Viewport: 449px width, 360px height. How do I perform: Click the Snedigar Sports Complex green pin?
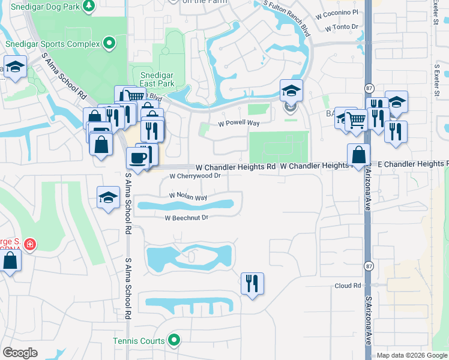(109, 43)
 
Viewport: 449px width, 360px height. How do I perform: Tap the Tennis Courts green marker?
(174, 341)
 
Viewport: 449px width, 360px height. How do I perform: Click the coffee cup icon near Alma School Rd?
(137, 158)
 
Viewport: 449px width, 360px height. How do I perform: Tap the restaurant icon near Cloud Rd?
(252, 283)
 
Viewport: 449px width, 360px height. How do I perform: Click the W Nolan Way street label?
(188, 196)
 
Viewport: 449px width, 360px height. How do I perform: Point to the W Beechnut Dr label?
(187, 218)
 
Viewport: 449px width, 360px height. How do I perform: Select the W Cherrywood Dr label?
(195, 176)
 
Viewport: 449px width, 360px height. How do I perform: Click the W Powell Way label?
(238, 124)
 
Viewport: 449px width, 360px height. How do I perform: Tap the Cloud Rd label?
(348, 286)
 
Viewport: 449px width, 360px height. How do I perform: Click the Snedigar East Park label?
(157, 79)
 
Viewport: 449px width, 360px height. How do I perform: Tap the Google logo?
(20, 353)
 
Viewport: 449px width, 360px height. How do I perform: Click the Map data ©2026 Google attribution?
(412, 355)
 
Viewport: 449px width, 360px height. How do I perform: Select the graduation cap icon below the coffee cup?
(107, 198)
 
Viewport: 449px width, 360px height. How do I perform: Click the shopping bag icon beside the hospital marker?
(10, 262)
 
